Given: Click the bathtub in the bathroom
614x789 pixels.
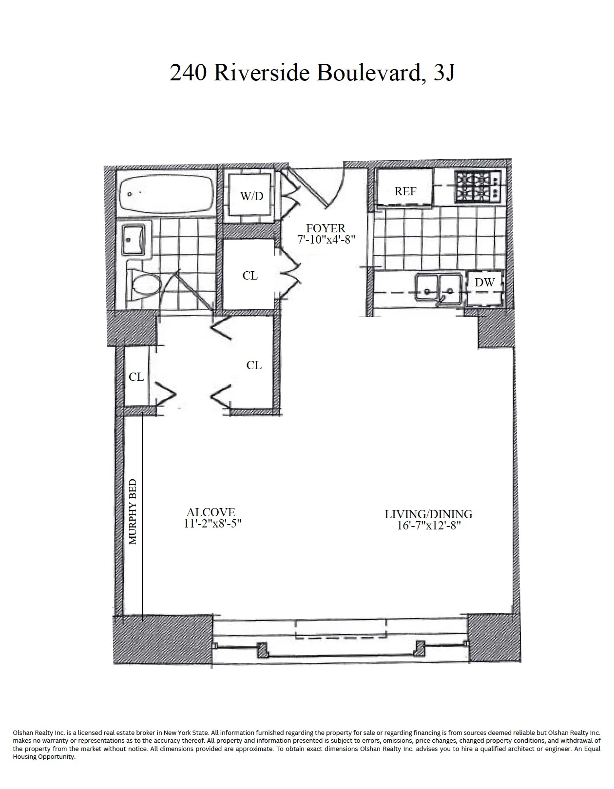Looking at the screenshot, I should tap(166, 194).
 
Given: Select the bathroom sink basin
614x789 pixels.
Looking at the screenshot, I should tap(133, 240).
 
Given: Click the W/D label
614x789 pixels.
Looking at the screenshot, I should tap(251, 196).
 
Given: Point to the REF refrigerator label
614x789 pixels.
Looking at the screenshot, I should tap(405, 191).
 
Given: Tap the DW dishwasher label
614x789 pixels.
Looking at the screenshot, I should tap(484, 282).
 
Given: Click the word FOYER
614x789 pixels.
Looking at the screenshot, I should tap(326, 228).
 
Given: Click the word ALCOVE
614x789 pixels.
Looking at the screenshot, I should tap(211, 512).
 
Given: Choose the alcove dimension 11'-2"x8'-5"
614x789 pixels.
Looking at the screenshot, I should tap(211, 524).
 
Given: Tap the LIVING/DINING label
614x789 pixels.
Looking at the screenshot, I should tap(428, 514).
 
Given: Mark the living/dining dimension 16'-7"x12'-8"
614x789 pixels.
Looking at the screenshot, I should tap(429, 526).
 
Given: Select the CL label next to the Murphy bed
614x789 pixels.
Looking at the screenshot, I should tap(136, 377).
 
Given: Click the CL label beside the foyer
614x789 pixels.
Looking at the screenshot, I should tap(250, 276).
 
